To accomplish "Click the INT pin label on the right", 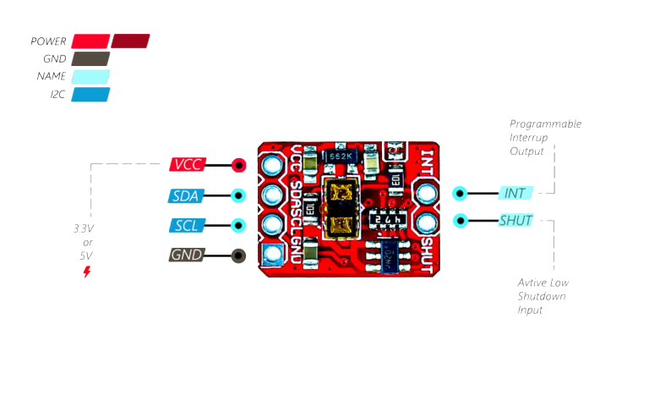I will (x=515, y=193).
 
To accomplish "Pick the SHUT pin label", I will (x=515, y=222).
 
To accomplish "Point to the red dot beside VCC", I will (x=238, y=166).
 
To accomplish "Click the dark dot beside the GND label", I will (x=238, y=255).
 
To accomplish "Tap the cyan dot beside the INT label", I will (x=460, y=193).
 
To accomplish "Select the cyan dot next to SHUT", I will (x=460, y=222).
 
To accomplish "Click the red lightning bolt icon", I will (x=86, y=272).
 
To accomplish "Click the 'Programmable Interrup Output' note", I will (x=545, y=137).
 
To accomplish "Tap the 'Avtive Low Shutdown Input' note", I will (x=542, y=296).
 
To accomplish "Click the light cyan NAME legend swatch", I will (x=90, y=76).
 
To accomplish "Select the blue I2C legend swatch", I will (x=90, y=94).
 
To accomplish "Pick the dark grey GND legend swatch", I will (x=90, y=58).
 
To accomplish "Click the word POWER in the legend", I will (x=48, y=41).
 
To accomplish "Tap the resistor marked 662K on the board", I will (x=342, y=156).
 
